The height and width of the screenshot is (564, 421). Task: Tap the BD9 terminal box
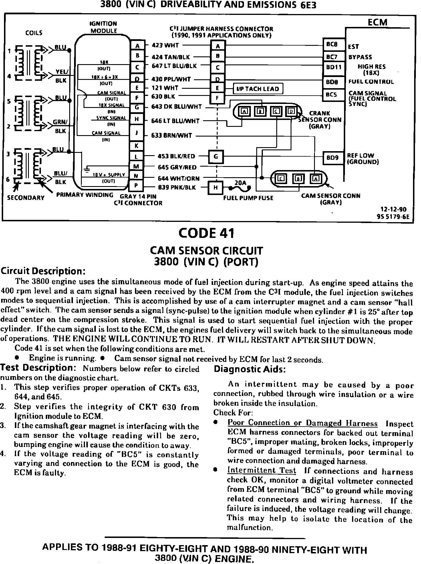pyautogui.click(x=333, y=158)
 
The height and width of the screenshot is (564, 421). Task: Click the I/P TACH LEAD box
pyautogui.click(x=258, y=89)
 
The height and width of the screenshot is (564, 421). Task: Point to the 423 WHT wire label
pyautogui.click(x=165, y=45)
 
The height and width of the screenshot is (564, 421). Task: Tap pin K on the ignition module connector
pyautogui.click(x=136, y=146)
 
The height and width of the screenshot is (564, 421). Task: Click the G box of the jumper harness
pyautogui.click(x=216, y=157)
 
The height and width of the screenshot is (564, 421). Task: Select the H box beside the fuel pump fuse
pyautogui.click(x=216, y=188)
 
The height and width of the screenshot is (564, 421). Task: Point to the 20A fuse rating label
pyautogui.click(x=240, y=182)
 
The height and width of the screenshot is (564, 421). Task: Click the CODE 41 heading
pyautogui.click(x=206, y=233)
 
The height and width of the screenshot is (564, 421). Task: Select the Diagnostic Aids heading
pyautogui.click(x=250, y=369)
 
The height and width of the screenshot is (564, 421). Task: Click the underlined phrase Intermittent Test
pyautogui.click(x=261, y=470)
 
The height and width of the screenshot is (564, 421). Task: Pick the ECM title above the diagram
pyautogui.click(x=377, y=22)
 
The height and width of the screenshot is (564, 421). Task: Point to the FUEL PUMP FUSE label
pyautogui.click(x=248, y=198)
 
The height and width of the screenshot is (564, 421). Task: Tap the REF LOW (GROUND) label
pyautogui.click(x=363, y=159)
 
